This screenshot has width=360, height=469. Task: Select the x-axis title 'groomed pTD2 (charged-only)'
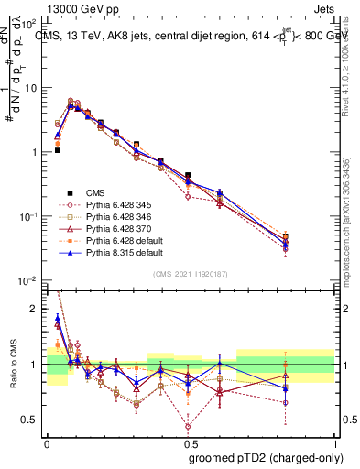[267, 458]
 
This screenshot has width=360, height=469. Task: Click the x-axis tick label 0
[47, 442]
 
